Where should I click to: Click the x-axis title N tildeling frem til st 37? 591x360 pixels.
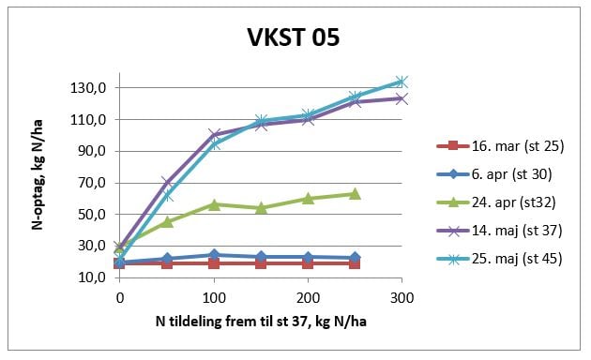pos(261,322)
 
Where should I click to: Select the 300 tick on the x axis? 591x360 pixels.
pos(402,296)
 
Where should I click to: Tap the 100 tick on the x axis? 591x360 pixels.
pos(214,296)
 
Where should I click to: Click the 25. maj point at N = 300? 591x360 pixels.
pos(402,82)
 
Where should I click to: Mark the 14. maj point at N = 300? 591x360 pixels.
pos(402,97)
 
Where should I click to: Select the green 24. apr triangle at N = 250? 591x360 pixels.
pos(355,193)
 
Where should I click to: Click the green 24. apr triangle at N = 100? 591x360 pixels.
pos(214,203)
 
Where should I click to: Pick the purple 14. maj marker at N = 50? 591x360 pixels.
pos(167,182)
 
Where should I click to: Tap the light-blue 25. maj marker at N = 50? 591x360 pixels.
pos(167,196)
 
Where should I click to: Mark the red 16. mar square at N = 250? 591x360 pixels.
pos(355,263)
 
